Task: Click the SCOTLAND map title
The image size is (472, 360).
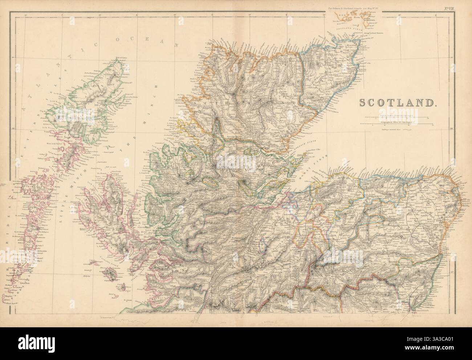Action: coord(398,102)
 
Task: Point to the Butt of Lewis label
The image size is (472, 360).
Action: coord(121,58)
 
